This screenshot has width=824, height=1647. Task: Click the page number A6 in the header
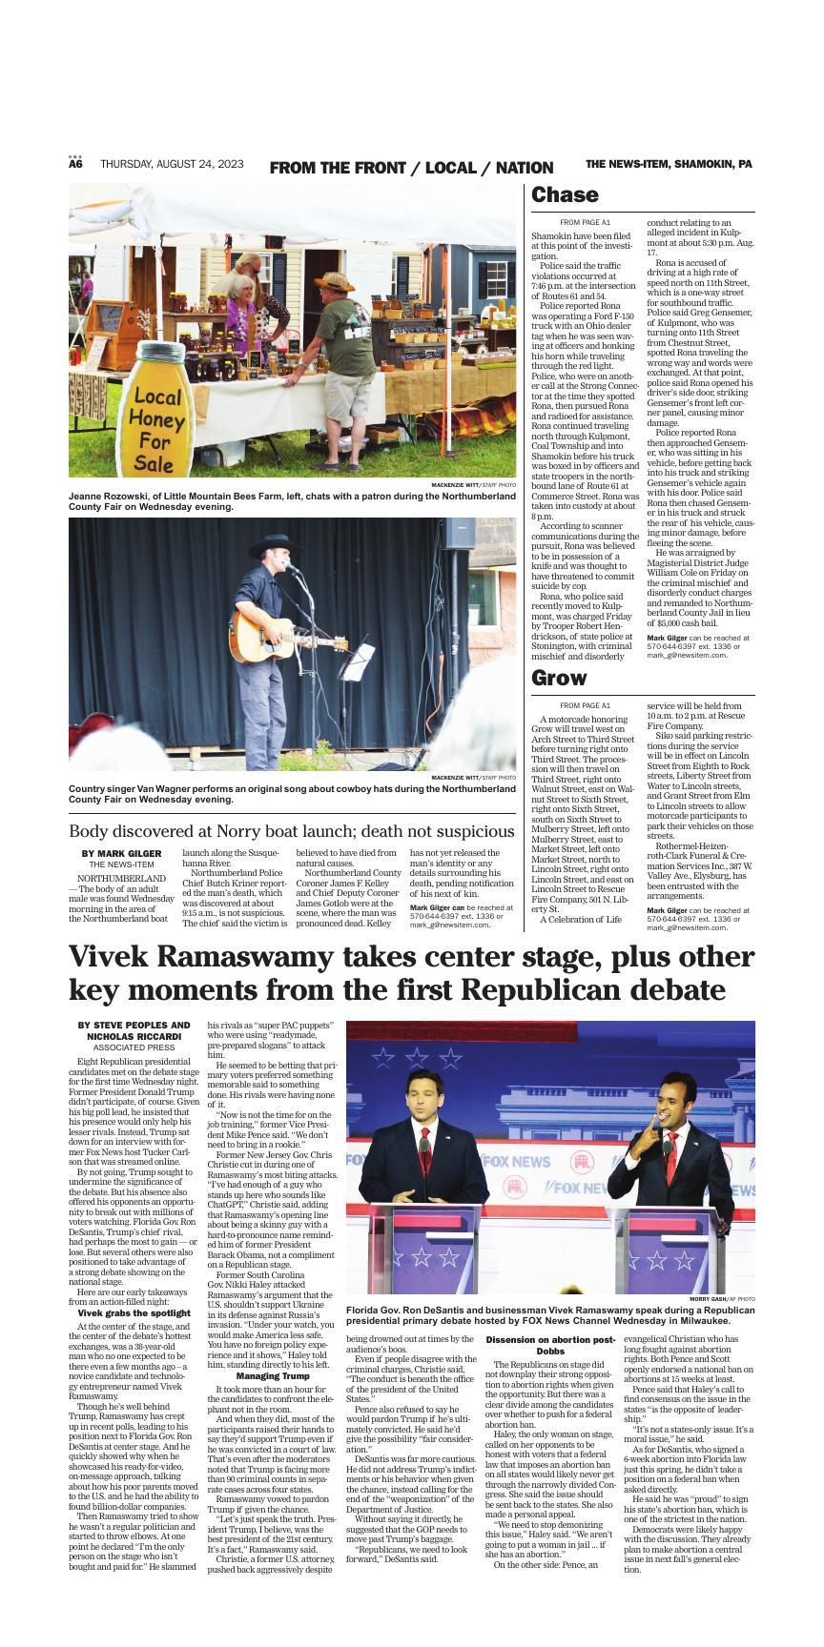click(x=75, y=164)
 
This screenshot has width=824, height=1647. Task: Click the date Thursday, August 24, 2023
click(x=172, y=164)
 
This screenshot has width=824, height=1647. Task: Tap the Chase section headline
click(x=565, y=195)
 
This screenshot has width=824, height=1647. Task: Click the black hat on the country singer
click(x=275, y=542)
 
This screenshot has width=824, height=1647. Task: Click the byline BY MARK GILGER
click(x=121, y=853)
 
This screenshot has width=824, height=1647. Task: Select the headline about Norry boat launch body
click(x=291, y=831)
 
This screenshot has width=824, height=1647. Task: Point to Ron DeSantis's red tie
click(x=424, y=1145)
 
